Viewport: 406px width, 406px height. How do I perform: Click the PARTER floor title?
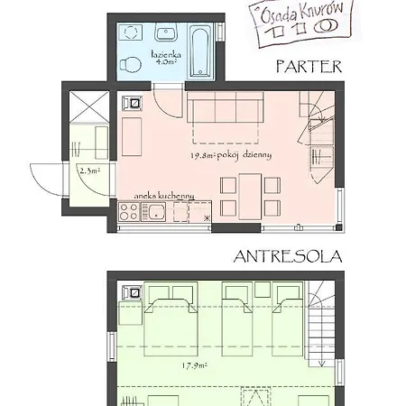[x=309, y=67]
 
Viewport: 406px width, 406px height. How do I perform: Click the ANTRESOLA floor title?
[x=288, y=256]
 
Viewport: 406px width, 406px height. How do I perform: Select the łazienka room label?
[x=166, y=55]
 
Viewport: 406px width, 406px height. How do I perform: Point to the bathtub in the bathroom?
[x=200, y=51]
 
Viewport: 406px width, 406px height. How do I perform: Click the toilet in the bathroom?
[x=131, y=64]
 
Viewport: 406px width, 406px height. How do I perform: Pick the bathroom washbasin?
[x=166, y=32]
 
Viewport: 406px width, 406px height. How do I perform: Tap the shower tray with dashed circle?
[x=131, y=32]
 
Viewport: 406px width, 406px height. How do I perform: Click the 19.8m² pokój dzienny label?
[x=231, y=155]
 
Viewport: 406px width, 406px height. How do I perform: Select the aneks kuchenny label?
[x=164, y=196]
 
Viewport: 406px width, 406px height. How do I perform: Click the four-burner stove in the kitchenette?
[x=129, y=212]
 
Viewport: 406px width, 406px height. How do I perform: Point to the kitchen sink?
[x=153, y=212]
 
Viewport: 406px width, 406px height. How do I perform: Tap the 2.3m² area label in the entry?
[x=89, y=171]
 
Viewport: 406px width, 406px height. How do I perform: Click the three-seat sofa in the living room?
[x=226, y=107]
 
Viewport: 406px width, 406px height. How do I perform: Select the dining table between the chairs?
[x=250, y=197]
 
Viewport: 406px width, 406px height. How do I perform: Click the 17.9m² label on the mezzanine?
[x=194, y=366]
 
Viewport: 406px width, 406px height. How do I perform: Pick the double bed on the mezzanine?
[x=171, y=319]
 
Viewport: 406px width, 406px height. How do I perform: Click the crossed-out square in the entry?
[x=89, y=107]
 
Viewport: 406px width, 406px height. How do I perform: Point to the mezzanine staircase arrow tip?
[x=321, y=366]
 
